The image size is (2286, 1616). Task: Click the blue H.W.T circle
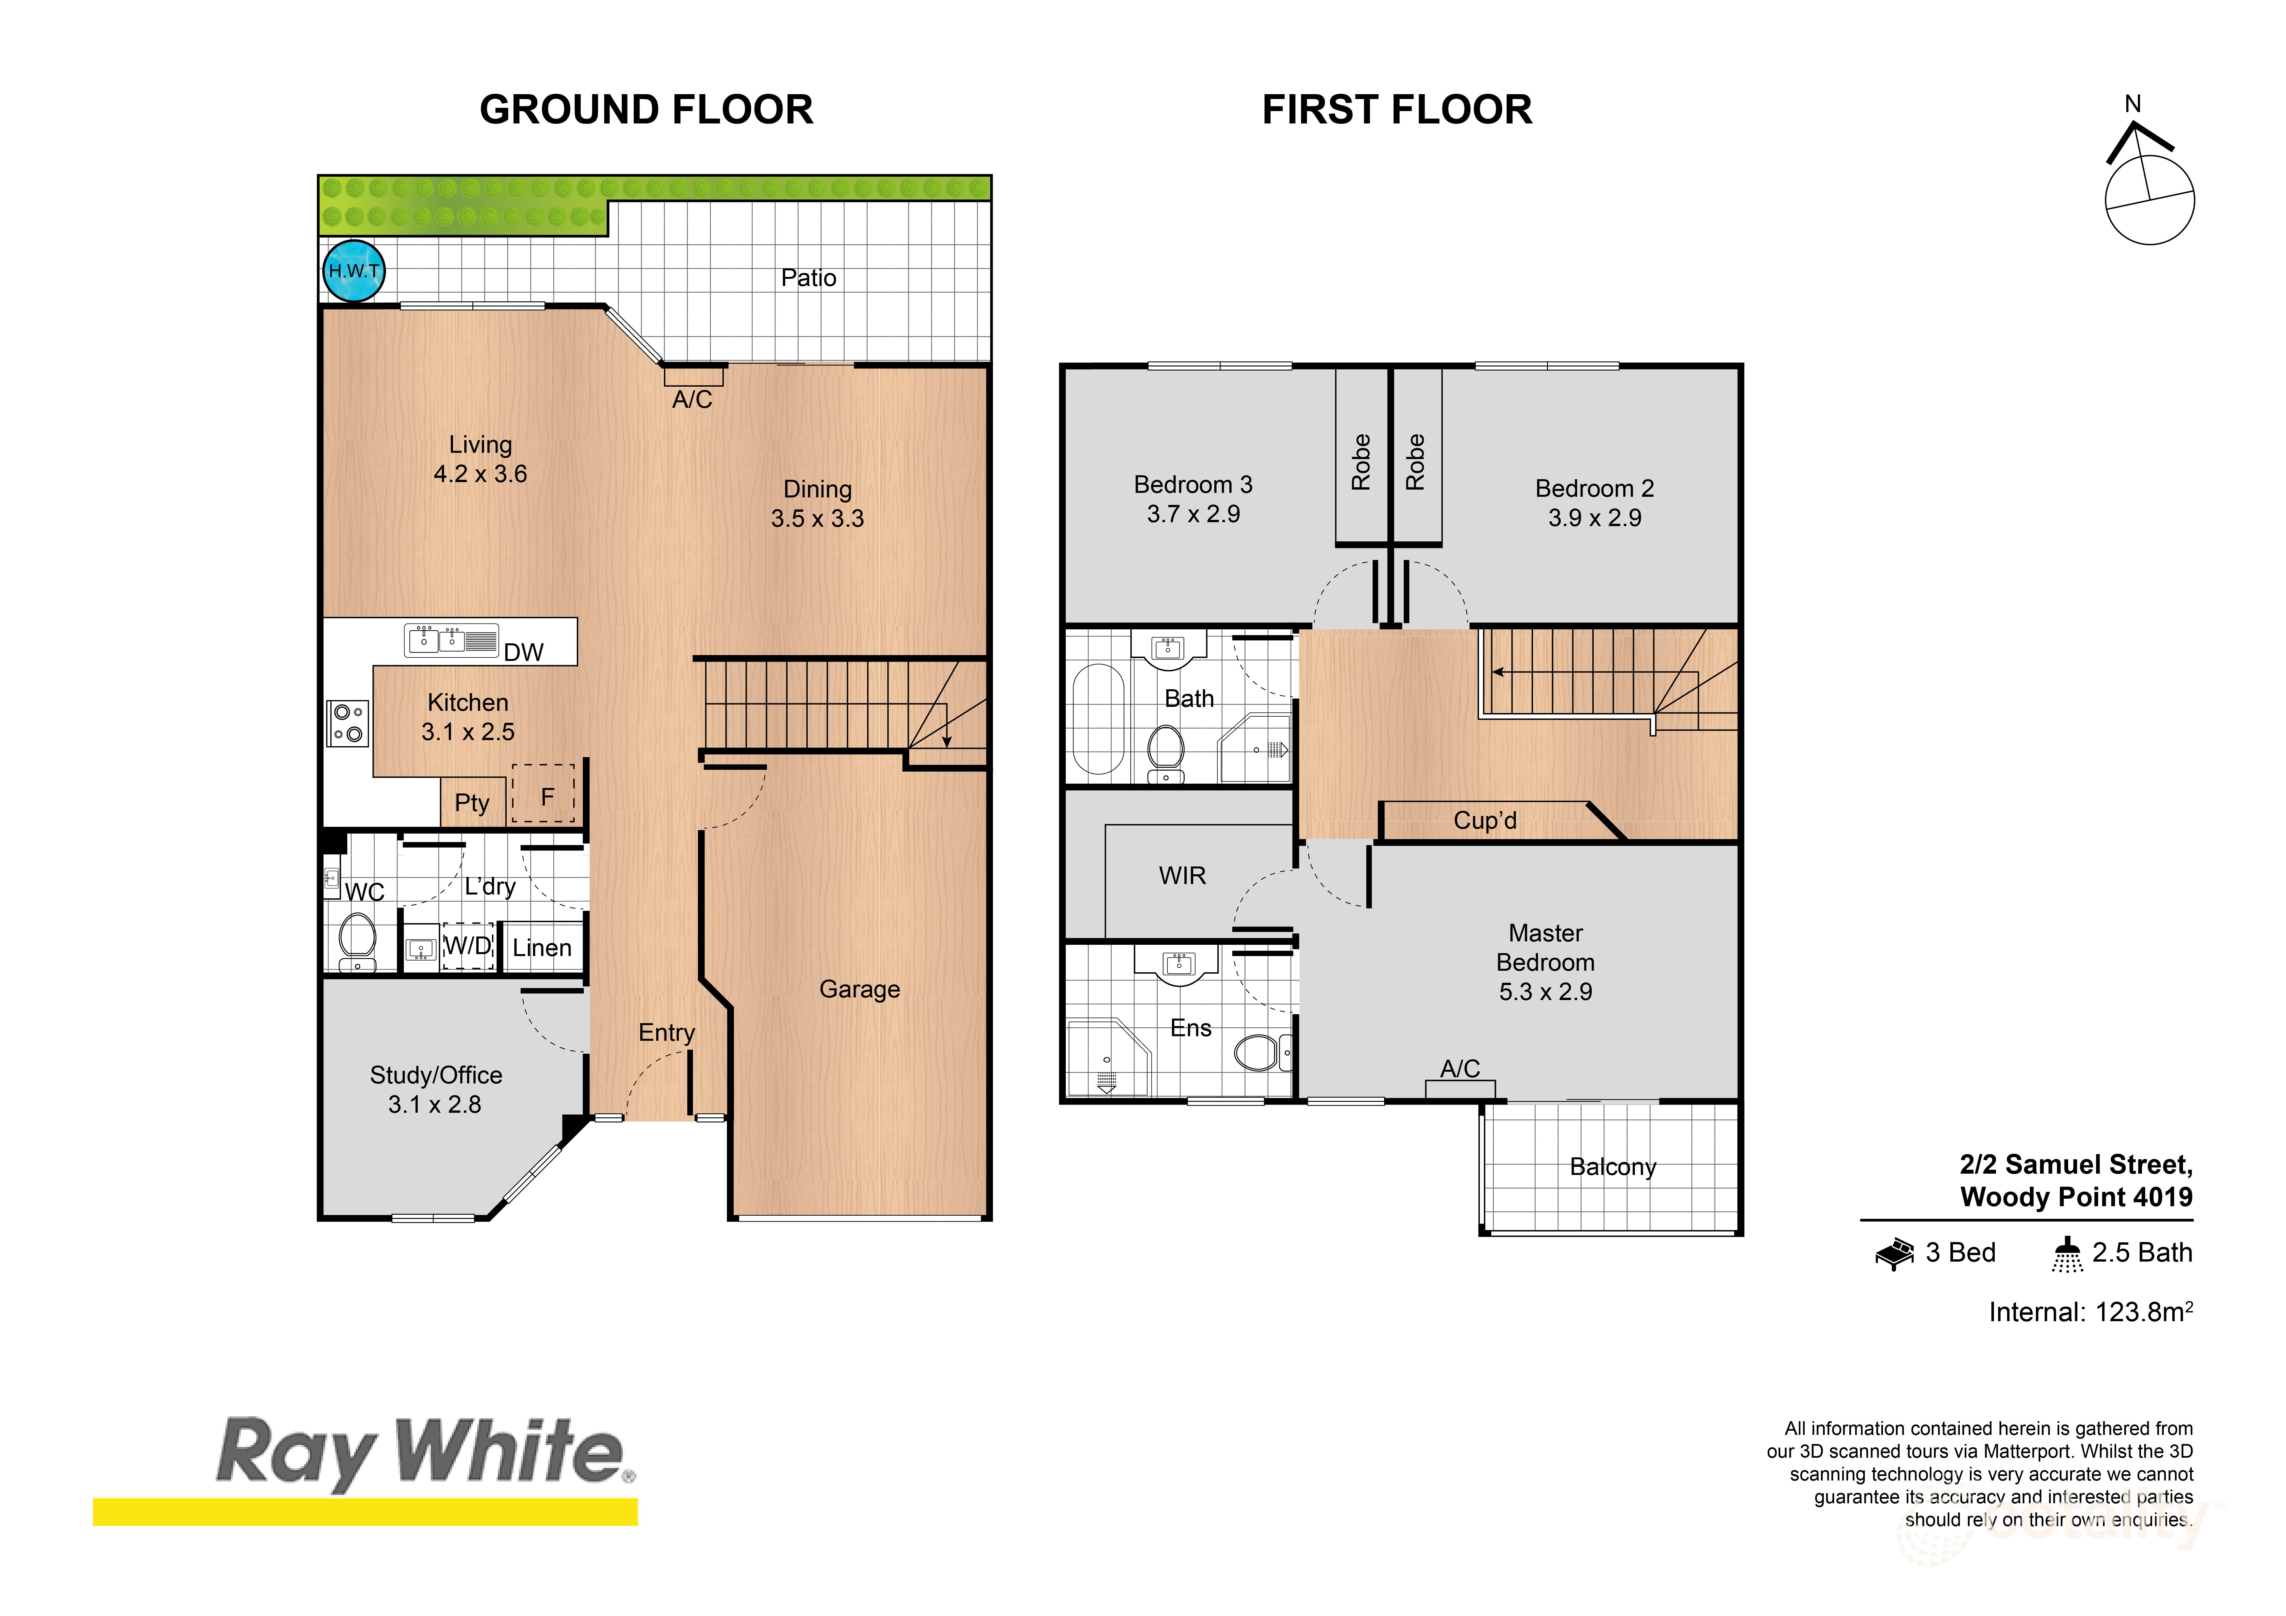click(354, 271)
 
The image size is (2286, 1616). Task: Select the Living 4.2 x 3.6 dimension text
click(480, 474)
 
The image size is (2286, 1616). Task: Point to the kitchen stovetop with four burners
click(347, 723)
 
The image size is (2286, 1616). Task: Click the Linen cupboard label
click(542, 948)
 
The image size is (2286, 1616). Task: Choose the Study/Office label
click(436, 1075)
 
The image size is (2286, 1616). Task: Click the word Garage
click(859, 989)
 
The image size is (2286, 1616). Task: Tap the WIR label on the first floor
click(1182, 875)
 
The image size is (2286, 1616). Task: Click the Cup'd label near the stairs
click(1484, 821)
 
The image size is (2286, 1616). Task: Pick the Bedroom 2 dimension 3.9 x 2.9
click(1594, 518)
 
